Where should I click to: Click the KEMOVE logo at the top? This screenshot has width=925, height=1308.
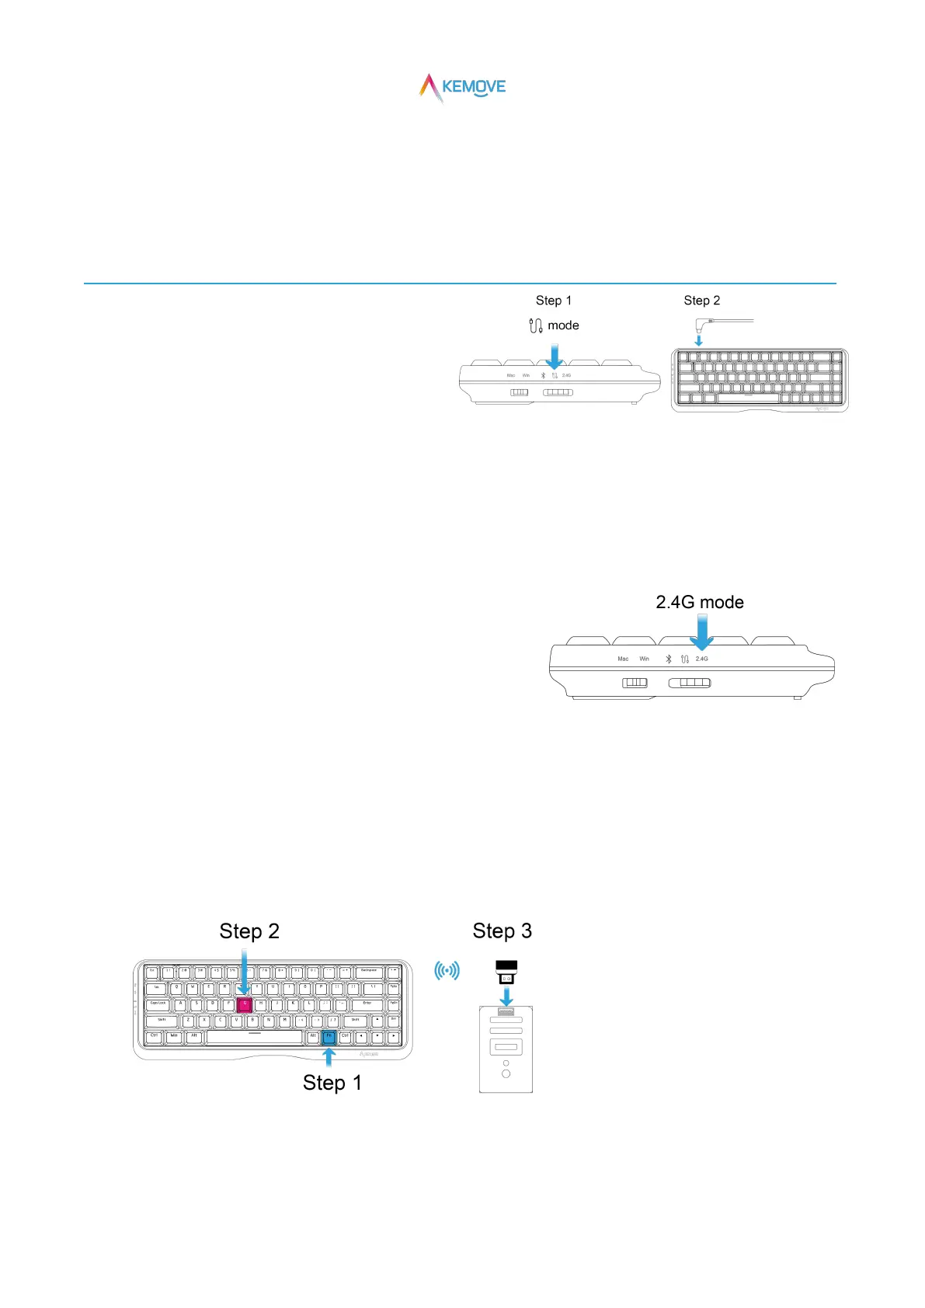pyautogui.click(x=463, y=87)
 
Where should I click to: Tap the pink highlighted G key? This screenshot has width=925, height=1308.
pyautogui.click(x=245, y=1004)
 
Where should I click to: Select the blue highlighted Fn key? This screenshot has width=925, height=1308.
pyautogui.click(x=329, y=1037)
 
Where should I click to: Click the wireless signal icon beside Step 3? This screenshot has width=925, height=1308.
pyautogui.click(x=447, y=970)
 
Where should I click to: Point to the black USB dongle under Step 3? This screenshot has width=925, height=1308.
pyautogui.click(x=506, y=972)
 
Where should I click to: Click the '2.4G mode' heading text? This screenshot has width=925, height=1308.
pyautogui.click(x=700, y=602)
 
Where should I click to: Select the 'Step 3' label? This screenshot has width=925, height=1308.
pyautogui.click(x=502, y=931)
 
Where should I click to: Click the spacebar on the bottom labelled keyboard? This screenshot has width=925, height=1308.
pyautogui.click(x=255, y=1037)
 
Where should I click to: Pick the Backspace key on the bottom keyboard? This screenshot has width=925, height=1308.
pyautogui.click(x=369, y=972)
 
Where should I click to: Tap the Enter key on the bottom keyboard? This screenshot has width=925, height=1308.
pyautogui.click(x=367, y=1004)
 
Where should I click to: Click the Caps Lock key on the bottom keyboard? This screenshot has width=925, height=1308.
pyautogui.click(x=158, y=1004)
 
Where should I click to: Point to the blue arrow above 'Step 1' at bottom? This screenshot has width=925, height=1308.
pyautogui.click(x=329, y=1057)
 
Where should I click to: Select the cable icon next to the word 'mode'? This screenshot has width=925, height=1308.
pyautogui.click(x=535, y=325)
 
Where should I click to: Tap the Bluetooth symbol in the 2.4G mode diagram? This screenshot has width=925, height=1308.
pyautogui.click(x=668, y=659)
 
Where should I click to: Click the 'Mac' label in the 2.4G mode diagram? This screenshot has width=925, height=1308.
pyautogui.click(x=623, y=659)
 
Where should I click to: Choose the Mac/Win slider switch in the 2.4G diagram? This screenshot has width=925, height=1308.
pyautogui.click(x=635, y=683)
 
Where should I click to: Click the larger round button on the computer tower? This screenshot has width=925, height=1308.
pyautogui.click(x=506, y=1073)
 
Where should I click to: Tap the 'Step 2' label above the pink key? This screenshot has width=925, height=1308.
pyautogui.click(x=249, y=931)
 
